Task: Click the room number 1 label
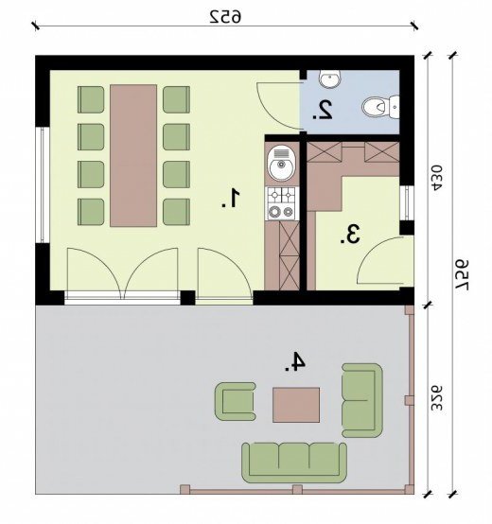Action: [231, 199]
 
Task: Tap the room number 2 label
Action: [323, 110]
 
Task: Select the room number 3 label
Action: [350, 234]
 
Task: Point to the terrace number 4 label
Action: [295, 361]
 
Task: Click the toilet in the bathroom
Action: [380, 107]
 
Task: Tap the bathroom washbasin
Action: [329, 79]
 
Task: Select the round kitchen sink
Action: [281, 163]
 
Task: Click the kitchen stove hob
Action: [282, 203]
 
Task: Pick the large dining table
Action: [133, 156]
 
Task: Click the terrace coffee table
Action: [296, 405]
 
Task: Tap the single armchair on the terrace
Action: [236, 401]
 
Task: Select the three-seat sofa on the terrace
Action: [294, 463]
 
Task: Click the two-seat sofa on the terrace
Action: [362, 400]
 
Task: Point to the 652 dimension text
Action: [225, 17]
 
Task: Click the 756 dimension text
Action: [463, 275]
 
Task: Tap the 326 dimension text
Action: [437, 398]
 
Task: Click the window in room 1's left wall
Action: [43, 184]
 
